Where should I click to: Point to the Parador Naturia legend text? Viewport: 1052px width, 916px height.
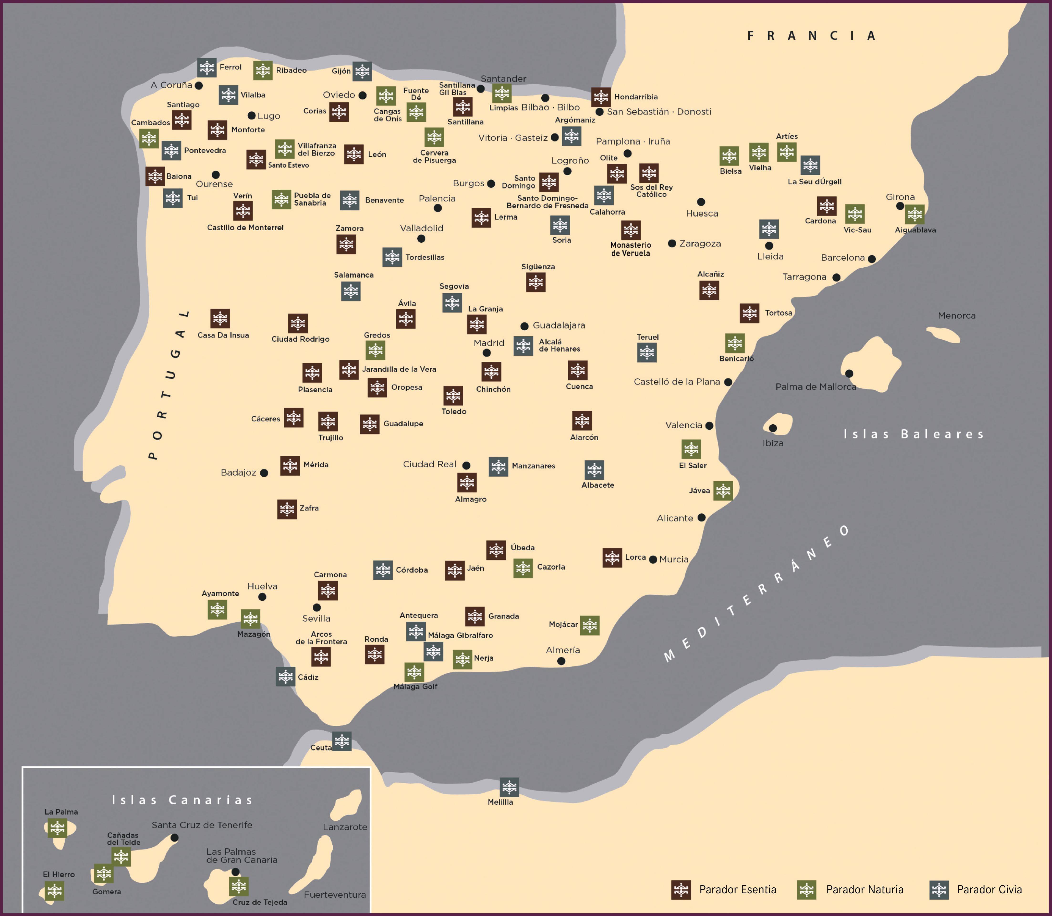865,890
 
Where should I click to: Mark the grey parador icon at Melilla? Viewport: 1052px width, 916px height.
509,787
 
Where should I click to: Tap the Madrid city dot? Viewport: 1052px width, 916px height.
486,353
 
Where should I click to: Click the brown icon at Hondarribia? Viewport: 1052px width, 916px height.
601,97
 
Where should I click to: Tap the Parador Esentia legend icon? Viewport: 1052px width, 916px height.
681,890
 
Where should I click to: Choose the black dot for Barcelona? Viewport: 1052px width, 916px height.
872,259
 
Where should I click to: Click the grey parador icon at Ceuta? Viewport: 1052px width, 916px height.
342,741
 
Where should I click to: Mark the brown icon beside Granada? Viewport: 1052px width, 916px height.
475,616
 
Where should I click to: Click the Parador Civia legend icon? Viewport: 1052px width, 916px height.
939,890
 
